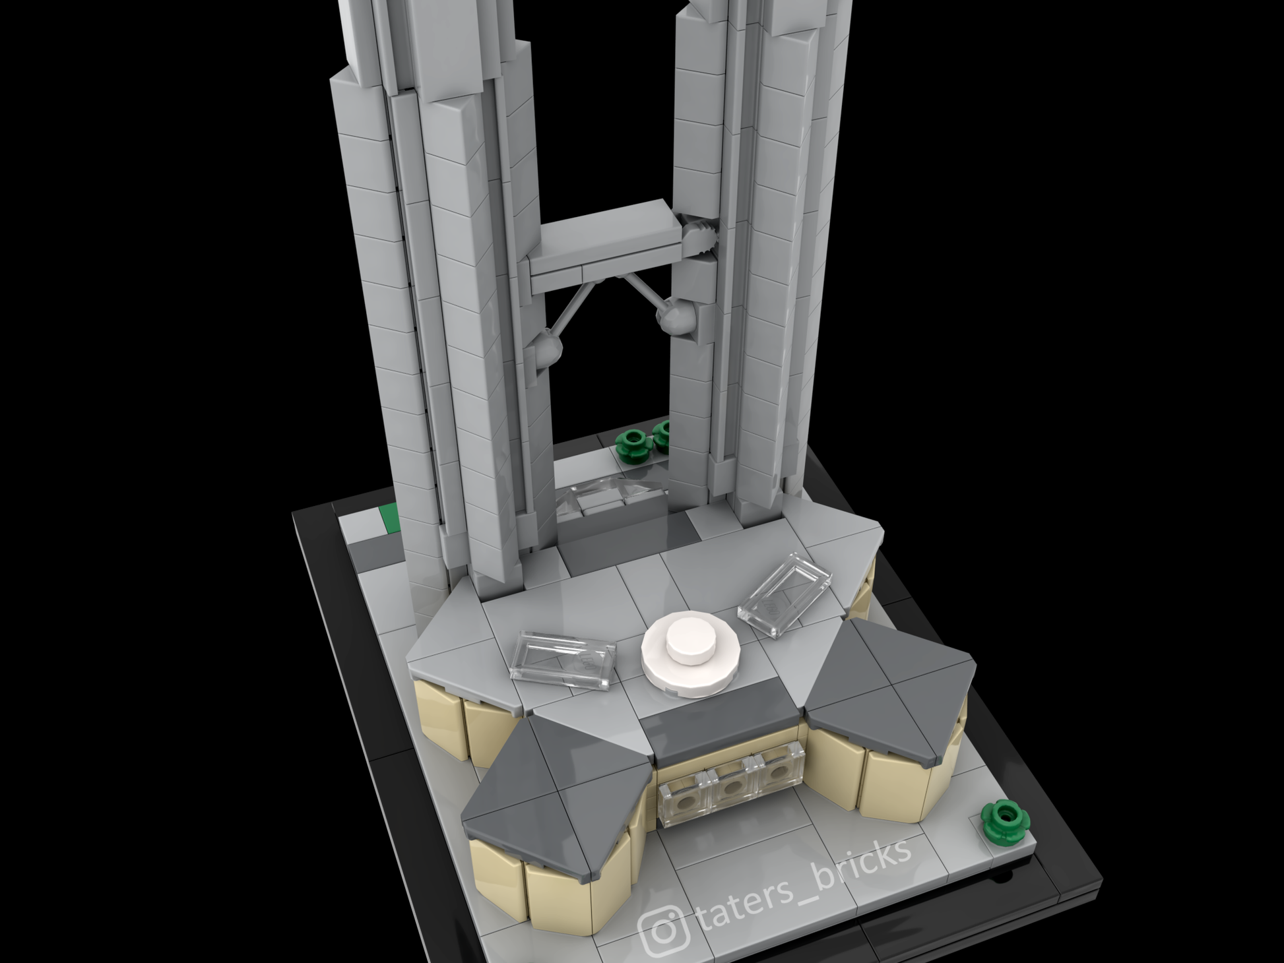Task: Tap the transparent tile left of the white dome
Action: coord(563,660)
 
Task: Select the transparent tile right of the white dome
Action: coord(785,595)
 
